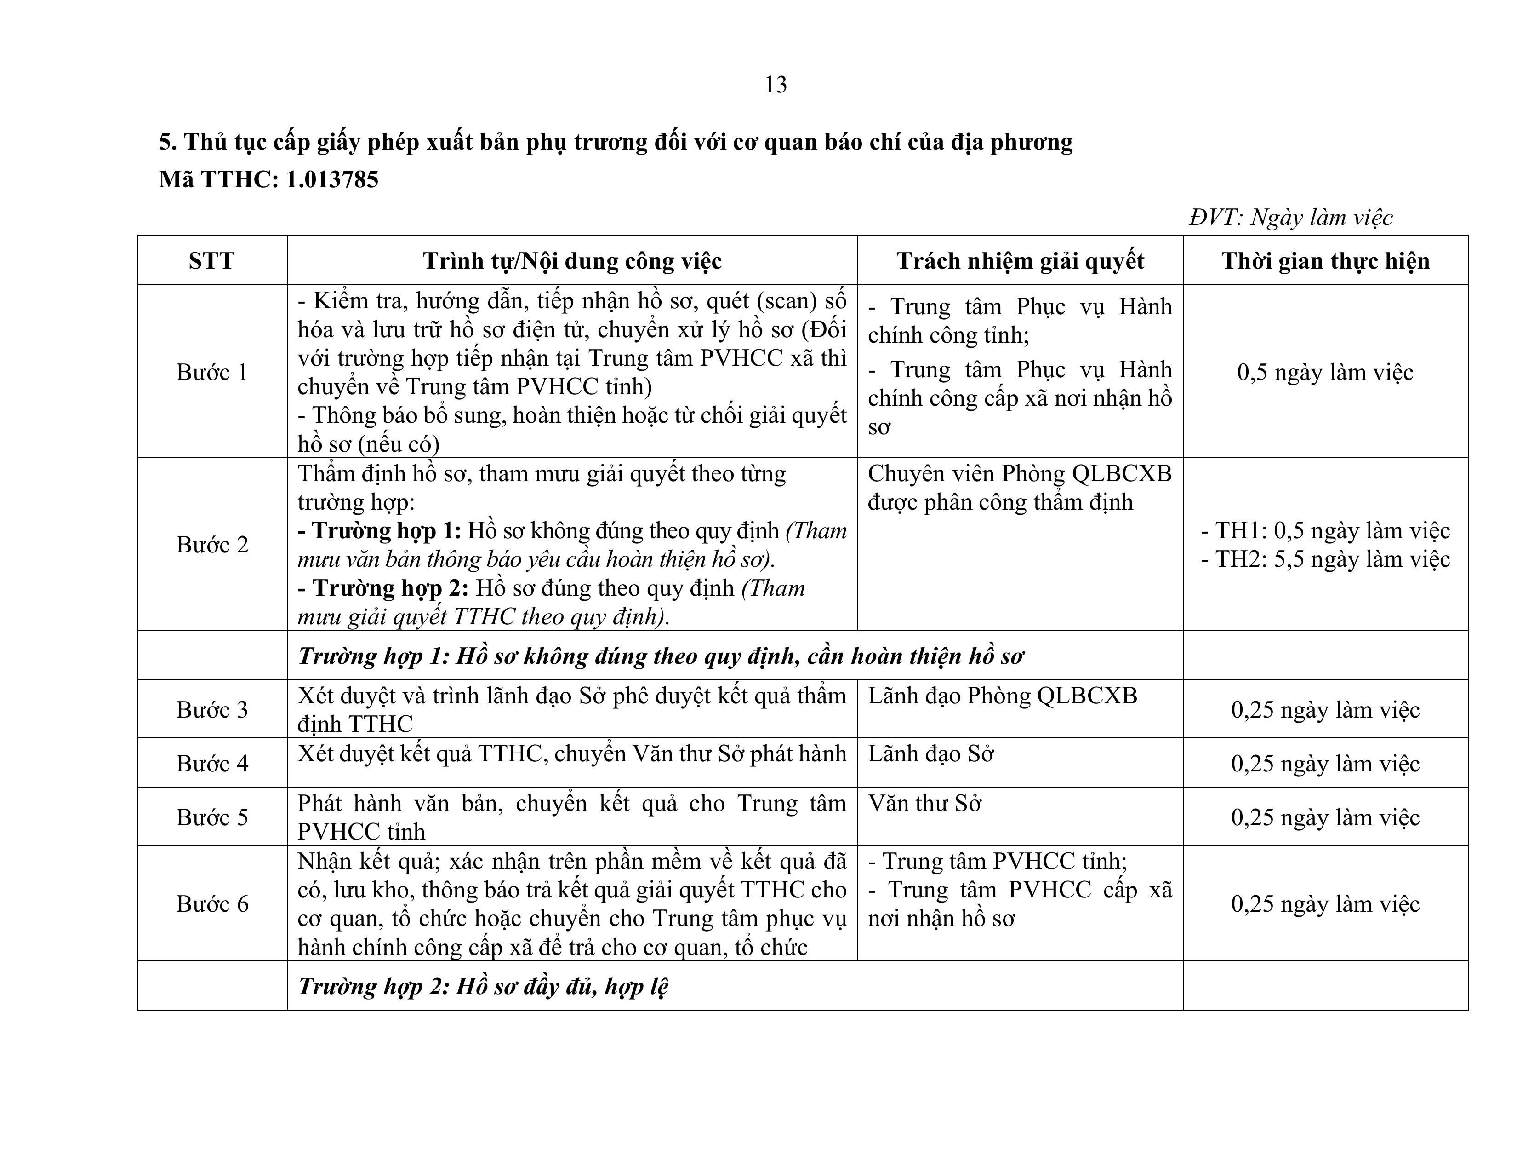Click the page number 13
click(x=775, y=85)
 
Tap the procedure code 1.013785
click(x=332, y=179)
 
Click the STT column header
click(x=212, y=260)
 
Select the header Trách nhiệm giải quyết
click(x=1020, y=260)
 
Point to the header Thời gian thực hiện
click(x=1325, y=260)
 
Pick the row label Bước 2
click(x=212, y=544)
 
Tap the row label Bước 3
click(x=212, y=709)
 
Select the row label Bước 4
click(x=212, y=763)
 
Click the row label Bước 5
click(x=212, y=817)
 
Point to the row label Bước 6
click(x=212, y=903)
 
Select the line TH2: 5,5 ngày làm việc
click(x=1325, y=559)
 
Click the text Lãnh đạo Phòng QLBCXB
click(x=1002, y=696)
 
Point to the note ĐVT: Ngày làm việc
click(x=1290, y=218)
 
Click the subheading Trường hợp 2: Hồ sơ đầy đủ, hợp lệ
click(x=483, y=986)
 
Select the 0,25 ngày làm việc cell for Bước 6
click(x=1325, y=903)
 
